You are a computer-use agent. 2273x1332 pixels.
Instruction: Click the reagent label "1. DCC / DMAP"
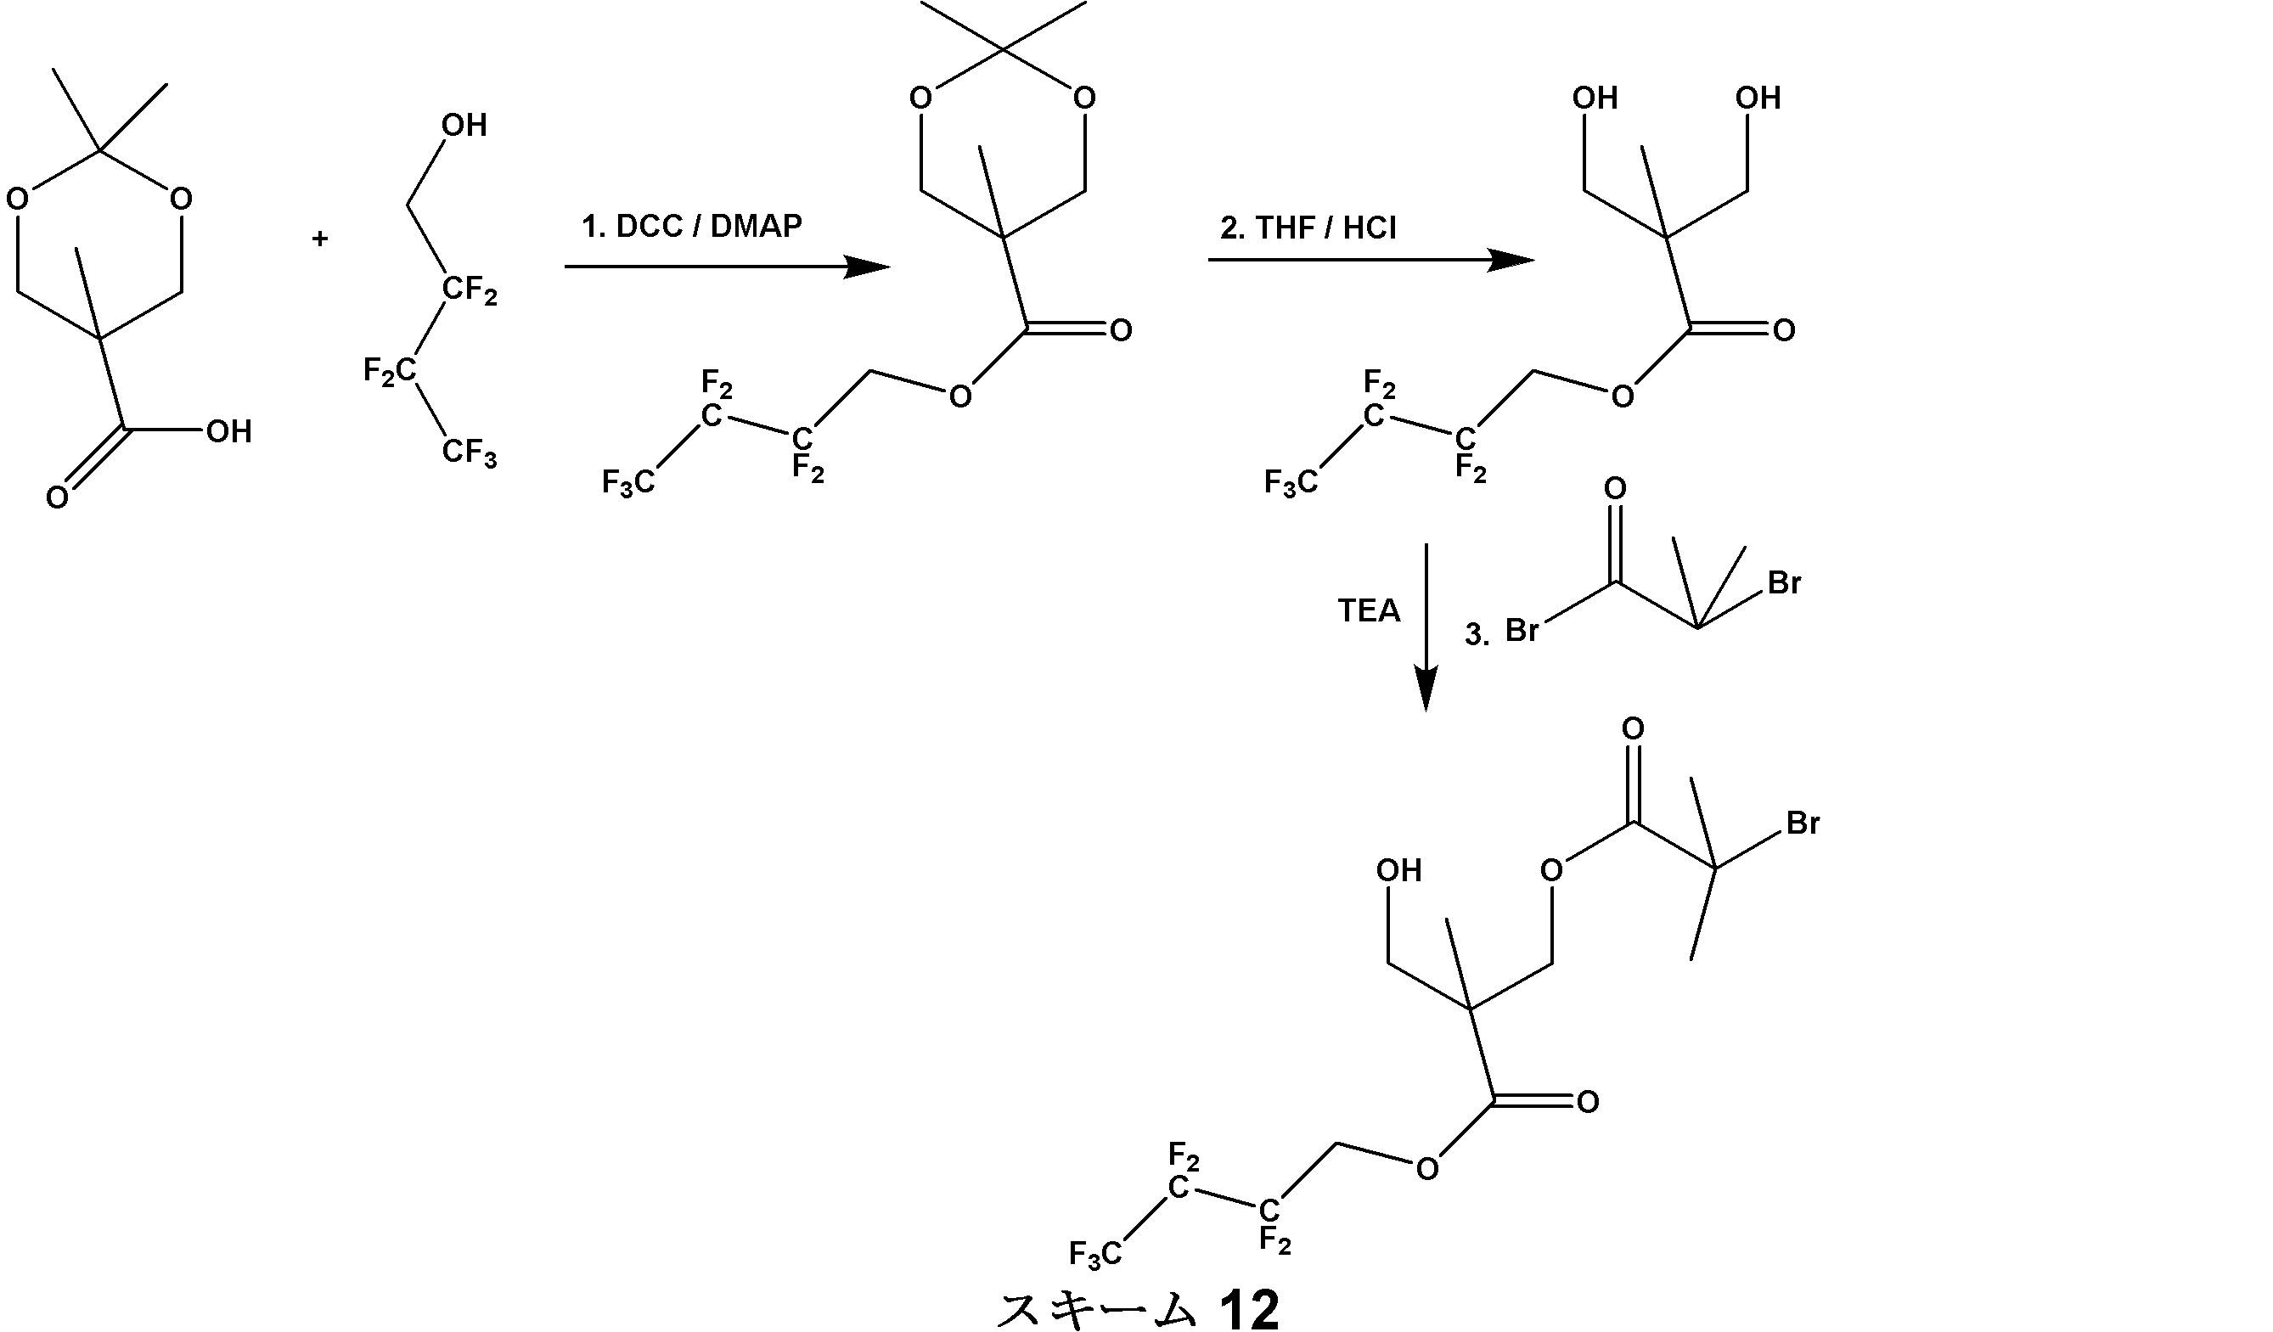[x=692, y=227]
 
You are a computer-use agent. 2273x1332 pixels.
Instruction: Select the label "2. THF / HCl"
[x=1308, y=228]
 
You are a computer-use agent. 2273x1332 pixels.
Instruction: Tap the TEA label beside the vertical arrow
[x=1369, y=611]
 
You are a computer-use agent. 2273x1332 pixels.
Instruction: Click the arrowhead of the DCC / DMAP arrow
[x=867, y=267]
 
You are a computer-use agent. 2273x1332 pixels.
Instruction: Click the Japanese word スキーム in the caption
[x=1097, y=1309]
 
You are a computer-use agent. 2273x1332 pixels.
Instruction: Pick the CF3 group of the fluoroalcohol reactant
[x=469, y=452]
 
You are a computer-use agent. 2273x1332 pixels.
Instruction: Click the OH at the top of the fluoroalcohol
[x=464, y=126]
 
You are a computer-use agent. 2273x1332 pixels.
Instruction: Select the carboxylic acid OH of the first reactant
[x=228, y=432]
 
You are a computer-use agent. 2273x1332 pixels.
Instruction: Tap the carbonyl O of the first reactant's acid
[x=57, y=497]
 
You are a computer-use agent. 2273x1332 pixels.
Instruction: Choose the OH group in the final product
[x=1399, y=870]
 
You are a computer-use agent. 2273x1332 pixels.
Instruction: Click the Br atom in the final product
[x=1803, y=823]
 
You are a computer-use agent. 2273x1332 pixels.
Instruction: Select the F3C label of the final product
[x=1095, y=1255]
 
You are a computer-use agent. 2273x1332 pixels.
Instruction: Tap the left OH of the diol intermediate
[x=1595, y=98]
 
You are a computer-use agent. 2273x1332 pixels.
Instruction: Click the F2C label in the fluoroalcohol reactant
[x=390, y=371]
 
